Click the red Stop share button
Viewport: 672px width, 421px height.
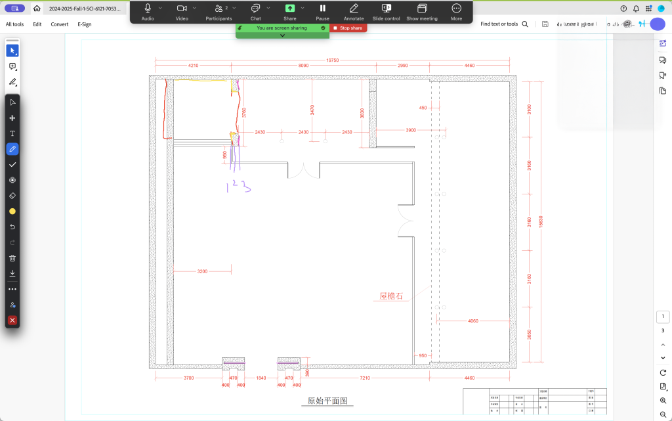coord(348,28)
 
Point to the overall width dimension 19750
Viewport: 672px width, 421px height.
coord(333,60)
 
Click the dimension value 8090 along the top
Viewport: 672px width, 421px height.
coord(303,66)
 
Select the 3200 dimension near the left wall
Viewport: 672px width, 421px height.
coord(202,271)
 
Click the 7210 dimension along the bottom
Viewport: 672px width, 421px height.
coord(365,378)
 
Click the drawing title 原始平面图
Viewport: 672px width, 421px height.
coord(327,401)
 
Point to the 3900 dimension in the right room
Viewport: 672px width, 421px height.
coord(411,130)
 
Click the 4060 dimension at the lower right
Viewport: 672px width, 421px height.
coord(473,321)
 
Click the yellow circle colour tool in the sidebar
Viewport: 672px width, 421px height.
coord(12,211)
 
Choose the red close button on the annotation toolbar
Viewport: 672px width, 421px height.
coord(12,321)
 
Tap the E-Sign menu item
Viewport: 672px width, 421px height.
coord(85,24)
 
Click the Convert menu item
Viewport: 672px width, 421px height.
coord(60,24)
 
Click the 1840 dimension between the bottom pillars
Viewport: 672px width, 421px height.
coord(261,378)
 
